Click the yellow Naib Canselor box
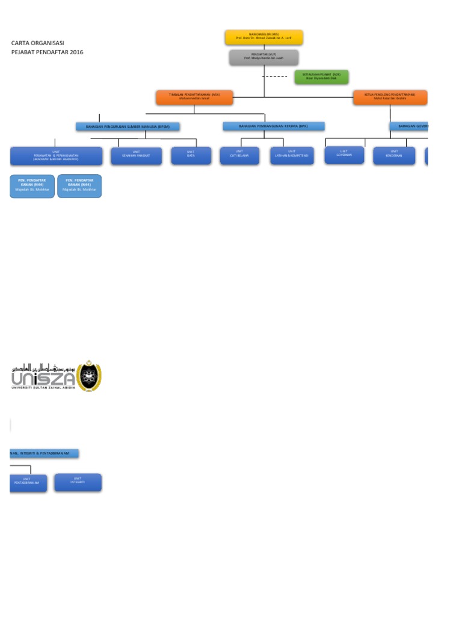[263, 37]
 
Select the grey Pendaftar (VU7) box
[263, 57]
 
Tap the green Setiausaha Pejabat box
[321, 77]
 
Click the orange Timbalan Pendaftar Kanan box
[194, 97]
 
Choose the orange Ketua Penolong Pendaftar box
[390, 97]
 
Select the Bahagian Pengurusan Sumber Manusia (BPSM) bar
[128, 127]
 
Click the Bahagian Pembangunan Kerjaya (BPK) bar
[273, 126]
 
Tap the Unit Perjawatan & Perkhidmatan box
[56, 156]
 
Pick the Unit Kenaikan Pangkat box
[136, 156]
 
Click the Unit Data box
[191, 156]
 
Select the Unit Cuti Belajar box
[239, 155]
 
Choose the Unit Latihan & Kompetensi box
[292, 155]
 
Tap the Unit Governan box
[344, 155]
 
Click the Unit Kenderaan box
[393, 155]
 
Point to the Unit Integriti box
[78, 482]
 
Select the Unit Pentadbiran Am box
[28, 483]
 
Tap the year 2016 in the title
[77, 52]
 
